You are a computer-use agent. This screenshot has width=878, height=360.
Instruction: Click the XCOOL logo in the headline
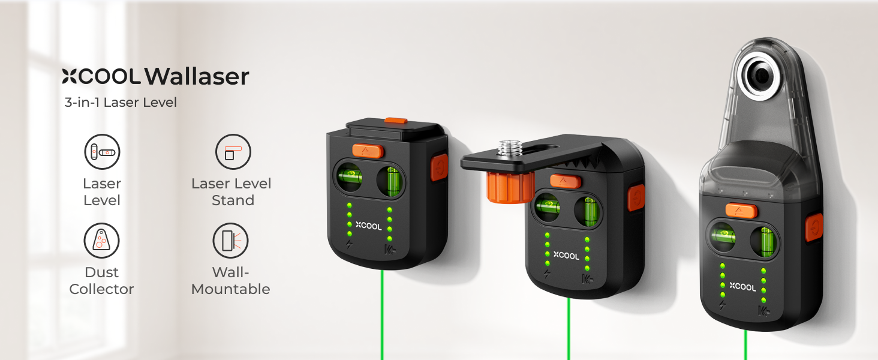(x=101, y=76)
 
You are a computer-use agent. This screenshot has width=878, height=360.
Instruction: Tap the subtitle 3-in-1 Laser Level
(x=121, y=103)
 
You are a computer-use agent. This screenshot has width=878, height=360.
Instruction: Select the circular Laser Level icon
(x=102, y=152)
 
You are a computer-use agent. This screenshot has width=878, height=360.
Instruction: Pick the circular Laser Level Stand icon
(x=233, y=152)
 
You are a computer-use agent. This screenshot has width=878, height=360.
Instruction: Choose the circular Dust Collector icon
(x=101, y=241)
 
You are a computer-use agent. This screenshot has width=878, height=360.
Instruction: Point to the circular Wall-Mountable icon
(x=230, y=241)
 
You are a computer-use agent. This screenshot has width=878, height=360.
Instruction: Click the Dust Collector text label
(x=101, y=281)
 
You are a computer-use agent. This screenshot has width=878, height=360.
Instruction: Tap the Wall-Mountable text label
(x=230, y=281)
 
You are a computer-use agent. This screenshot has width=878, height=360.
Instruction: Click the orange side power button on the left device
(x=440, y=167)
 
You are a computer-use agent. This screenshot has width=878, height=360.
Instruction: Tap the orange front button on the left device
(x=367, y=151)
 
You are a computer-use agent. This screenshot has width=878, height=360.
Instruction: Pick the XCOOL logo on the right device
(x=742, y=287)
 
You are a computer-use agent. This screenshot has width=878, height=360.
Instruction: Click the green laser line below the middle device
(x=569, y=329)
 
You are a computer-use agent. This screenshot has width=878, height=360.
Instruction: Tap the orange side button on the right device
(x=814, y=227)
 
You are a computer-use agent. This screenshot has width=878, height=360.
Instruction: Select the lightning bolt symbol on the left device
(x=349, y=245)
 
